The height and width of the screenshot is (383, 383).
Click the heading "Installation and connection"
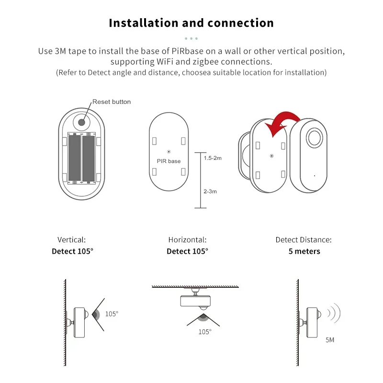point(191,23)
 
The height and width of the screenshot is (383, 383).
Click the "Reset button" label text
point(112,101)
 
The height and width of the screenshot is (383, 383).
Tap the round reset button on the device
point(82,122)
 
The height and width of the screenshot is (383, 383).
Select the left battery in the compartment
point(74,158)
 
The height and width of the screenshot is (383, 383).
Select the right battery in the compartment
point(89,158)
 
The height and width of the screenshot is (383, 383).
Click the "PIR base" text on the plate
point(169,161)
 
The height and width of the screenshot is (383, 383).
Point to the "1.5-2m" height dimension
point(213,158)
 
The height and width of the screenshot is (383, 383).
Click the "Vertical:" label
point(72,240)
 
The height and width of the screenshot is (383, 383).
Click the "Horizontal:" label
point(187,240)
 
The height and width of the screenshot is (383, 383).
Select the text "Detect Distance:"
point(304,240)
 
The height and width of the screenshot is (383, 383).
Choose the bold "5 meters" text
point(304,251)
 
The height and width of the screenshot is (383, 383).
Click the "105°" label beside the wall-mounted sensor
point(112,314)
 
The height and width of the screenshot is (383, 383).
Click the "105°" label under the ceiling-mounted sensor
point(204,331)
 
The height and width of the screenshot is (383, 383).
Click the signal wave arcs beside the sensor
point(333,313)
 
